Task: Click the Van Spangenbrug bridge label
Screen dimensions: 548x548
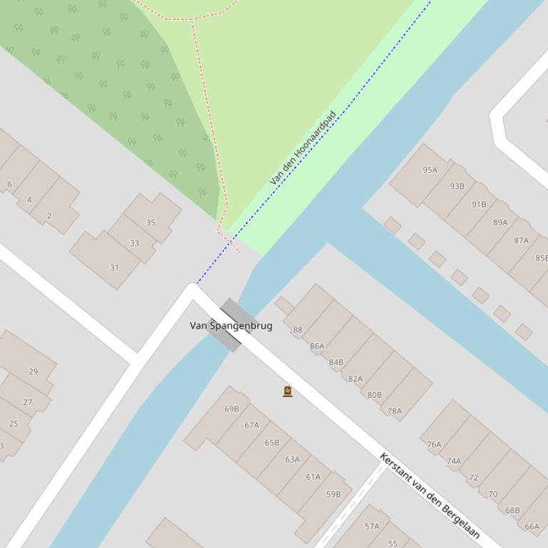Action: tap(231, 326)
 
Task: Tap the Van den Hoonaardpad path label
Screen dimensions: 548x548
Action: tap(303, 148)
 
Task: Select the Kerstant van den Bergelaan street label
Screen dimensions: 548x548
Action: tap(430, 495)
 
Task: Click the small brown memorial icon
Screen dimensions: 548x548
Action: tap(288, 391)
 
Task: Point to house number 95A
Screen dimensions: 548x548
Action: tap(430, 170)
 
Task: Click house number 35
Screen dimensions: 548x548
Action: tap(150, 223)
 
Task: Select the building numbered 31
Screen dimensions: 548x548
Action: tap(114, 268)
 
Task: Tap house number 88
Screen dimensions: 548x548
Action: tap(297, 330)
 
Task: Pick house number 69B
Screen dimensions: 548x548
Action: tap(232, 409)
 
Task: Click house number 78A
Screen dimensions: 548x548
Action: tap(394, 411)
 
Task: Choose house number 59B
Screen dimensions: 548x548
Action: tap(334, 494)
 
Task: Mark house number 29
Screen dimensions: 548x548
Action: tap(33, 372)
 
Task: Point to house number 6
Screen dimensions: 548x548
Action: tap(9, 184)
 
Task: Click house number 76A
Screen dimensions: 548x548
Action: tap(434, 444)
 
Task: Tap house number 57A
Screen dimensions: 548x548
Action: tap(372, 527)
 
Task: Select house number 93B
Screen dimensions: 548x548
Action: tap(457, 186)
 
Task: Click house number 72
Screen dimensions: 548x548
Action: tap(473, 478)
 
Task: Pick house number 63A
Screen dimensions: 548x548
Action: tap(292, 460)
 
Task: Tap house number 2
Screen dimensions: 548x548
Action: tap(49, 216)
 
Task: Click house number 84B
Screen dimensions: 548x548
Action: tap(336, 362)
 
